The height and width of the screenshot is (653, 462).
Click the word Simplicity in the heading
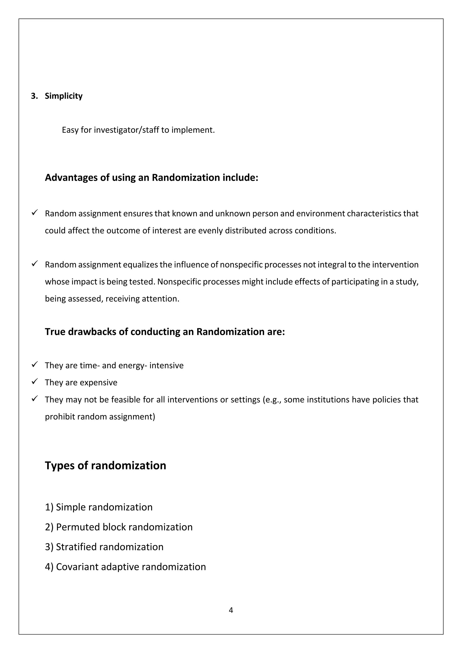tap(63, 96)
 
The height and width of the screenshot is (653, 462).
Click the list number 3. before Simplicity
tap(34, 96)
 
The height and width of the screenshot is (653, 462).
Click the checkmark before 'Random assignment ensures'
tap(35, 212)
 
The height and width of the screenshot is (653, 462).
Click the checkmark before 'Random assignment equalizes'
tap(35, 264)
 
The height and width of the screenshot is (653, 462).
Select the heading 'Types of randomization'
tap(105, 466)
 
